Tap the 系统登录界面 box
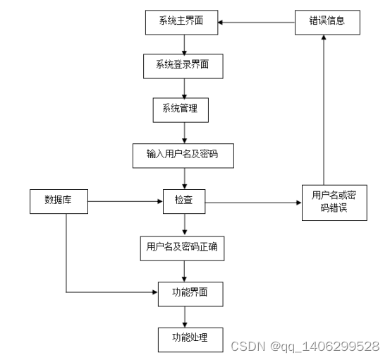[184, 66]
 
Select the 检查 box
[184, 202]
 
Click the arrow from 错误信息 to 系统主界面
[255, 23]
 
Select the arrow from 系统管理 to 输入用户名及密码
[184, 132]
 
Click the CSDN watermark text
[305, 346]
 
